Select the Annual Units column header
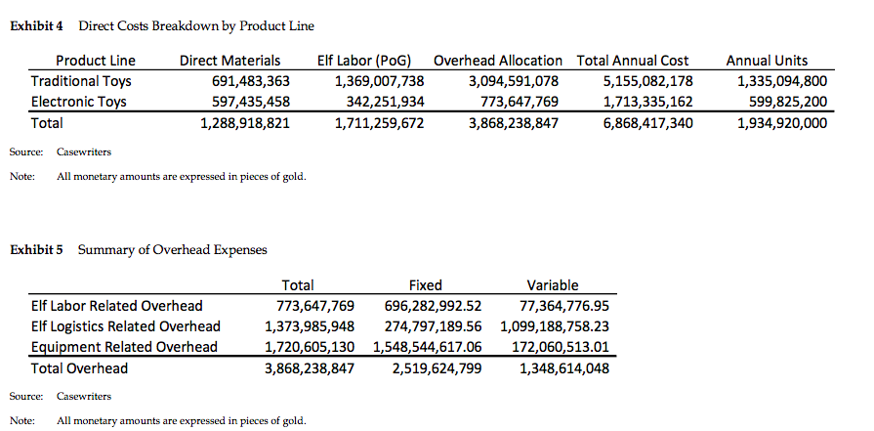pos(767,61)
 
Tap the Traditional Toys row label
pos(81,81)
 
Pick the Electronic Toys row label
pos(79,102)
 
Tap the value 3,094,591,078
pos(514,81)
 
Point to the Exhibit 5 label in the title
pos(36,250)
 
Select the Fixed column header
pos(425,285)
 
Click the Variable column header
pos(552,285)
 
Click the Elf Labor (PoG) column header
pos(371,61)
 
